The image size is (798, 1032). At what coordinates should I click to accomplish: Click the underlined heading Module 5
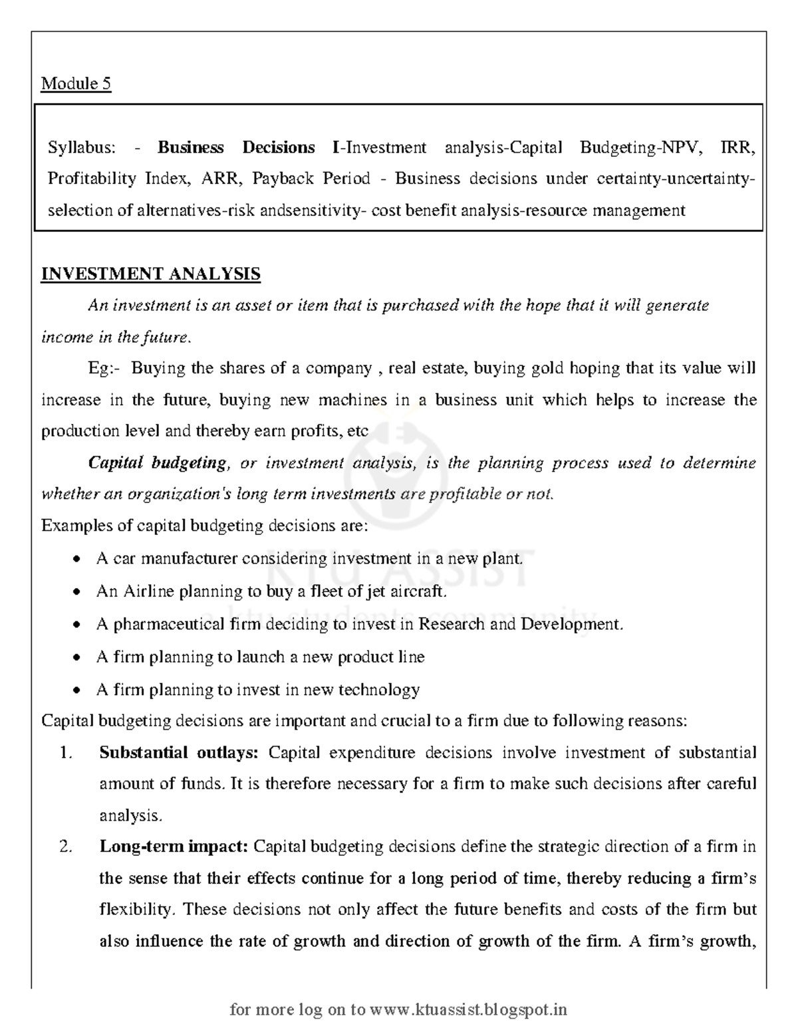76,84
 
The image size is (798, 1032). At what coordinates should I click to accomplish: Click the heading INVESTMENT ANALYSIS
150,274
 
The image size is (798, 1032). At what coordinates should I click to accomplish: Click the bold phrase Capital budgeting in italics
157,463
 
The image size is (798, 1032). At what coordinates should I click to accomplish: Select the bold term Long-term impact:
174,847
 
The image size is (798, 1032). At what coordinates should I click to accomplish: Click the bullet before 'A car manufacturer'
78,560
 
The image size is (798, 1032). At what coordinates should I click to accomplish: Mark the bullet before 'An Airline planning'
78,592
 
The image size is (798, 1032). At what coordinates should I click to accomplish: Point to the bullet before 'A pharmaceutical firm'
78,625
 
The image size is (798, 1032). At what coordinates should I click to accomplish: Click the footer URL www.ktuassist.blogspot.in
468,1010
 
